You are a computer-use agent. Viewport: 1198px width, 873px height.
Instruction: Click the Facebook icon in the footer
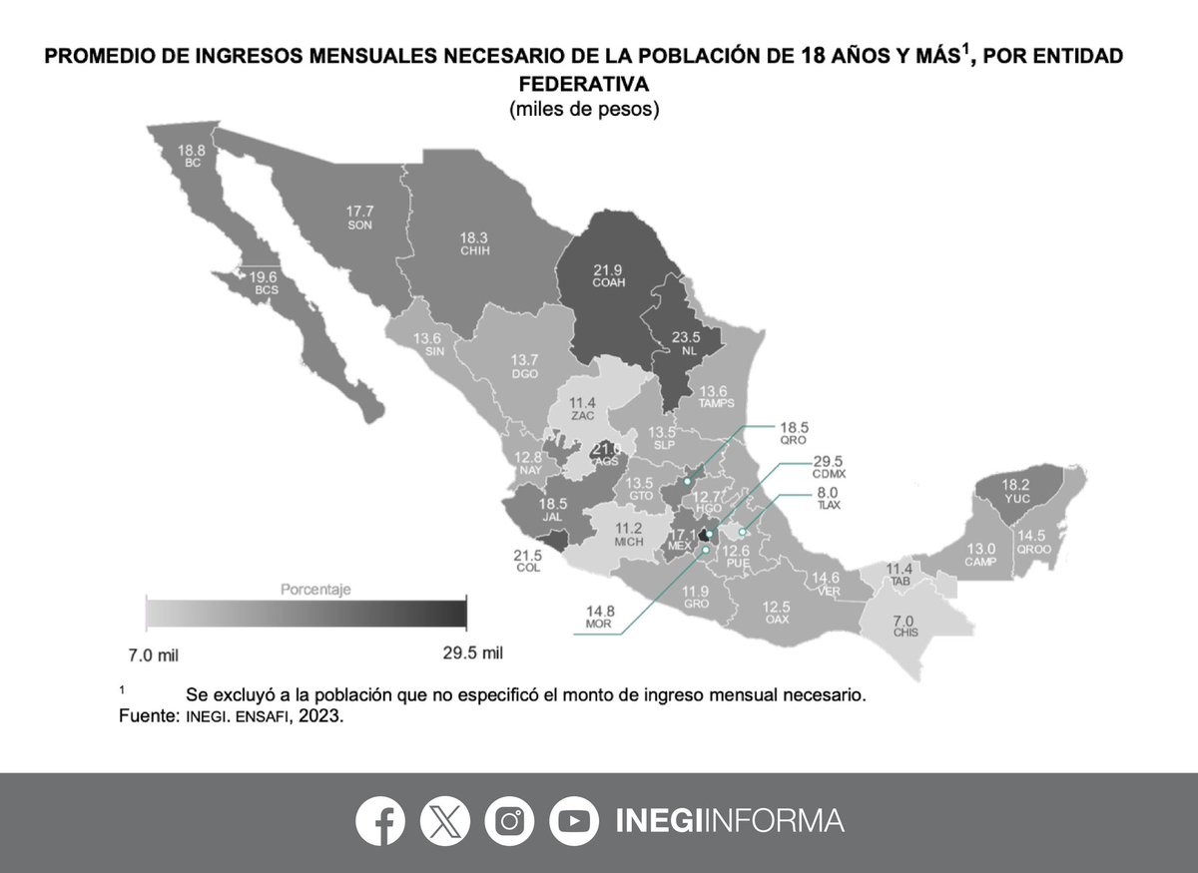380,821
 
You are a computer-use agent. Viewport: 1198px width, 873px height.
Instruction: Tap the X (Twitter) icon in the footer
445,821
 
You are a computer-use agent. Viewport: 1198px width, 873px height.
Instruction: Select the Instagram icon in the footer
509,821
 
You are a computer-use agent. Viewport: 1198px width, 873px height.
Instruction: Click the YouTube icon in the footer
573,821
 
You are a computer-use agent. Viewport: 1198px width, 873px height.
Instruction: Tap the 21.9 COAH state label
607,275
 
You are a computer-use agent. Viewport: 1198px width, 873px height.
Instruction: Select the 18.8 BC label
193,156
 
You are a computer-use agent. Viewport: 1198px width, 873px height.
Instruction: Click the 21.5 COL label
528,560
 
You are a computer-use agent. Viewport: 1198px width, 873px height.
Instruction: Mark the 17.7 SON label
360,218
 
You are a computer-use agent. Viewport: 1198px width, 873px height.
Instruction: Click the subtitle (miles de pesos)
584,109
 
